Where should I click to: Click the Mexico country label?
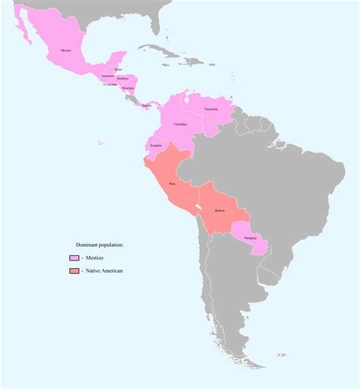[66, 51]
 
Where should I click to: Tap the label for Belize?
[118, 69]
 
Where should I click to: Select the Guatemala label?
[107, 75]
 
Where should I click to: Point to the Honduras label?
[122, 78]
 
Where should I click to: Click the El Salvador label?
[110, 84]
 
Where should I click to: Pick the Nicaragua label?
[128, 87]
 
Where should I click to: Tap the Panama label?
[147, 106]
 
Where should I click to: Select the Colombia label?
[180, 124]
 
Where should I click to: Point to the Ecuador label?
[156, 144]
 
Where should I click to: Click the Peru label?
[172, 183]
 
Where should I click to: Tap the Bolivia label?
[219, 210]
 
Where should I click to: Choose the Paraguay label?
[251, 238]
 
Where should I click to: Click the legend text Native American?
[103, 271]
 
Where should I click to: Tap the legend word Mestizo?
[96, 258]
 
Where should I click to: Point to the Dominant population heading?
[99, 245]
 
